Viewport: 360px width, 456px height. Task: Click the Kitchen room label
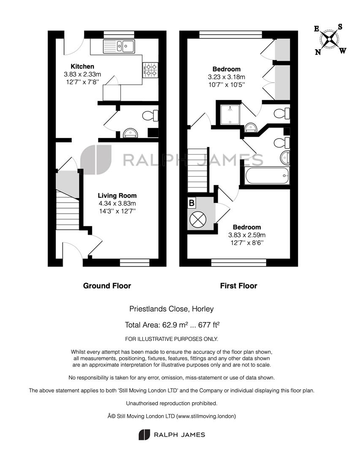tap(82, 67)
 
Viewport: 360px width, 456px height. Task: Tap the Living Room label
tap(117, 196)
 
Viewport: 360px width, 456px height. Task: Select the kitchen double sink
tap(119, 46)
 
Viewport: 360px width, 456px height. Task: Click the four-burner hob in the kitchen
tap(150, 70)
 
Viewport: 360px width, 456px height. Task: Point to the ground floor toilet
tap(150, 115)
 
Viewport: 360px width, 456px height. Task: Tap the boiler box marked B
tap(192, 203)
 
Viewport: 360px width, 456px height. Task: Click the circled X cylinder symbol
tap(198, 219)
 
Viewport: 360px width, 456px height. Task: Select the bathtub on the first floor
tap(268, 175)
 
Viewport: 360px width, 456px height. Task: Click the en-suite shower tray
tap(230, 114)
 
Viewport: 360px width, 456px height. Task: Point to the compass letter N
tap(318, 52)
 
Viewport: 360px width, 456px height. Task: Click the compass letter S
tap(340, 27)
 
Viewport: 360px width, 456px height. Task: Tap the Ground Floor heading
tap(107, 286)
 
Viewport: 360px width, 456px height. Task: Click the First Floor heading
tap(238, 286)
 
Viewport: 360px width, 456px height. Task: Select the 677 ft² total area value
tap(209, 325)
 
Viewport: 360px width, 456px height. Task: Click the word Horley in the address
tap(203, 309)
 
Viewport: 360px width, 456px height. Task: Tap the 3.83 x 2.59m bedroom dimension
tap(247, 235)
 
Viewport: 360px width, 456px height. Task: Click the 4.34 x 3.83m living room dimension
tap(117, 204)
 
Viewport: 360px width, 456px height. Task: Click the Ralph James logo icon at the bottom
tap(144, 434)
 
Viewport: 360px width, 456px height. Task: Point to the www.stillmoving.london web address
tap(205, 416)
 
